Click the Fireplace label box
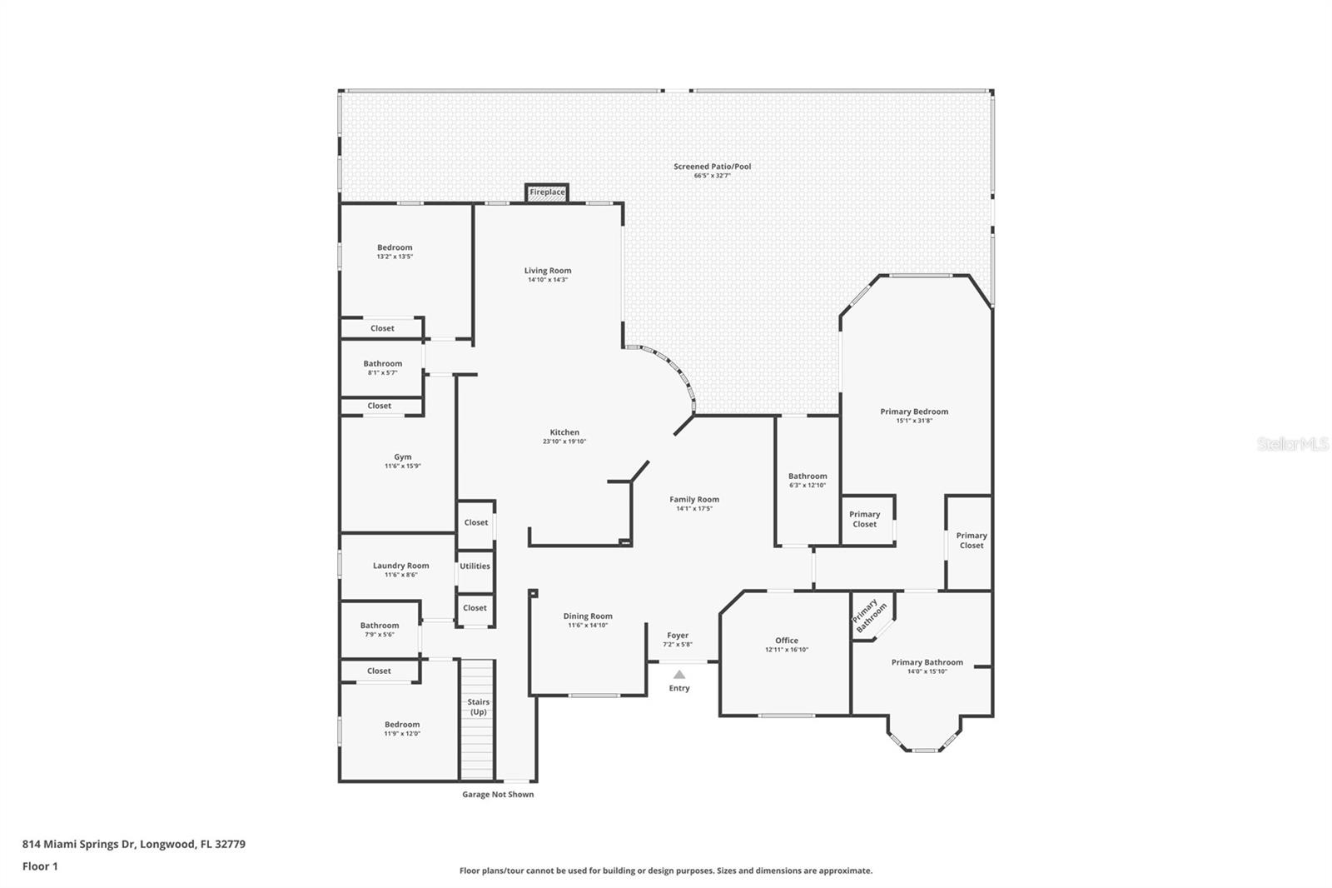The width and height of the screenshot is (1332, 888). (x=547, y=192)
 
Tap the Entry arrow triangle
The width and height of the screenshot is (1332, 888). (x=679, y=675)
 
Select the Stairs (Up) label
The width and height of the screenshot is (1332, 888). (x=478, y=706)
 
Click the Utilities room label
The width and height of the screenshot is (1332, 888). (x=475, y=566)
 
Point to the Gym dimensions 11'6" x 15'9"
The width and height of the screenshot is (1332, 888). (x=403, y=466)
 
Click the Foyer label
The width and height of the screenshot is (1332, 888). (x=678, y=636)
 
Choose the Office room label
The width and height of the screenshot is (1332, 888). (x=787, y=641)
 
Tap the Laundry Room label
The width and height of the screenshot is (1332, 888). (x=400, y=566)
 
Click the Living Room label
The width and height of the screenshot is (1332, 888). (x=548, y=271)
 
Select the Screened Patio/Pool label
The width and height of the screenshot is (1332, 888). (x=712, y=167)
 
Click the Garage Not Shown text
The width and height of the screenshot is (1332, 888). (x=498, y=795)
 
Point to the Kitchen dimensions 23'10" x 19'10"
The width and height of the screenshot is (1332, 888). (x=564, y=442)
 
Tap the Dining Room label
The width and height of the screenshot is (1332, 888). (x=588, y=616)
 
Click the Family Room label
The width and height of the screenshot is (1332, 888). (x=694, y=500)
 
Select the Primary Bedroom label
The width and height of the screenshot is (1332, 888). (x=914, y=412)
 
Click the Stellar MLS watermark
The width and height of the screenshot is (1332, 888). (x=1292, y=444)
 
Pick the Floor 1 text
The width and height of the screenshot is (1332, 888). (x=40, y=866)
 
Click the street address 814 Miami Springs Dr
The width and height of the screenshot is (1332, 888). (x=78, y=844)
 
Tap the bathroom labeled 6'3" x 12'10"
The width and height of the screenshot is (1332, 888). (x=808, y=481)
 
